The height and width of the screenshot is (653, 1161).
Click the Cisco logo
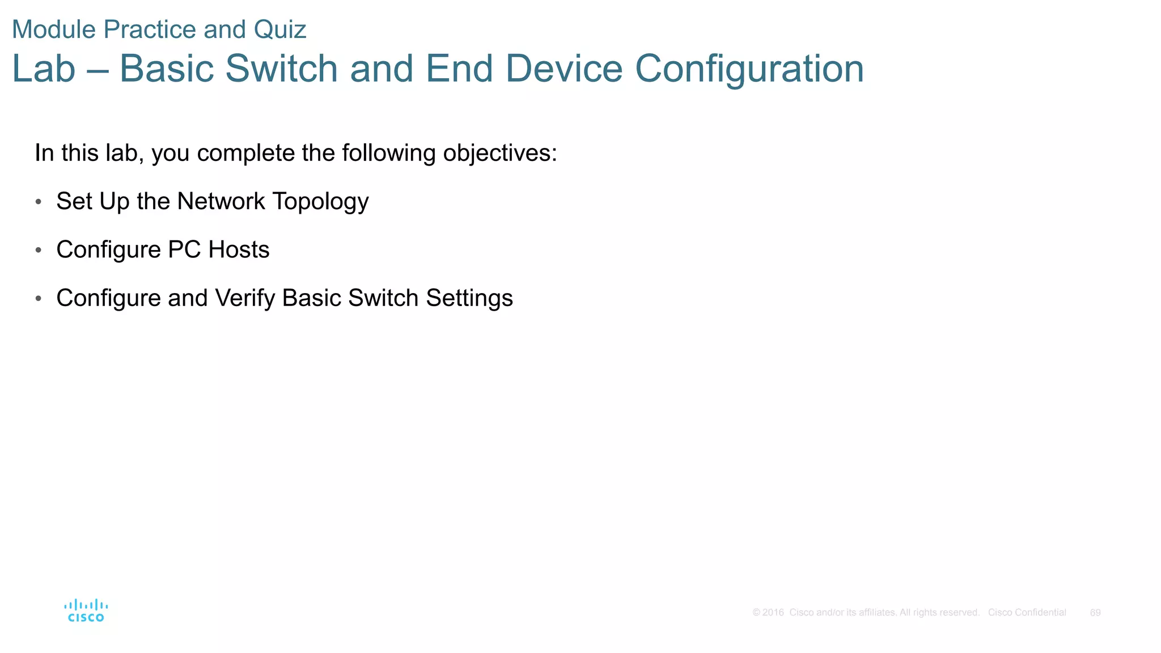86,610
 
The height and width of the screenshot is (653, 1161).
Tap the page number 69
1095,613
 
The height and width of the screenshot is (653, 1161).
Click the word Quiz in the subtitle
280,29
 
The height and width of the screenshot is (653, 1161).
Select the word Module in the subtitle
54,29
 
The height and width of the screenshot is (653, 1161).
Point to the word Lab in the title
44,69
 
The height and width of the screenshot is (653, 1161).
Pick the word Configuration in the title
749,69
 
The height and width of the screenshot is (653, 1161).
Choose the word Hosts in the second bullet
239,249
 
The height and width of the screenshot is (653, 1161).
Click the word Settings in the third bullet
469,298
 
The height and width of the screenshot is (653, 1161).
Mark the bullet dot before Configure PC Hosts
39,250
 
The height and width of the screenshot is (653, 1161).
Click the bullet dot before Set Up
39,202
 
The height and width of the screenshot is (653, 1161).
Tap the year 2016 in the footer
773,613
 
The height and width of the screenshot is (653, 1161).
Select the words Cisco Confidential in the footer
1027,613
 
